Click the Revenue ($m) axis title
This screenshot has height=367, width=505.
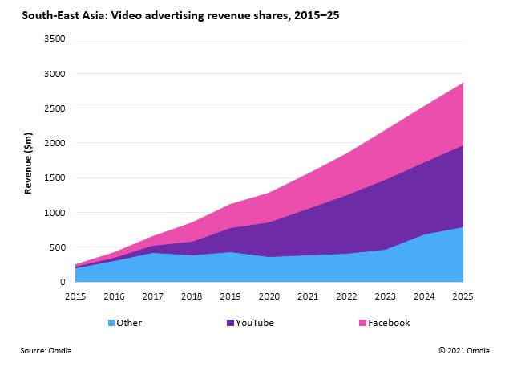click(28, 161)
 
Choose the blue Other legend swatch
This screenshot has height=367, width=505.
click(111, 323)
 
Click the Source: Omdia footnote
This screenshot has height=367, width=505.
click(51, 350)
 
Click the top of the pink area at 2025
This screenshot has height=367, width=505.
click(463, 83)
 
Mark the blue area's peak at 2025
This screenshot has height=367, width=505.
click(463, 228)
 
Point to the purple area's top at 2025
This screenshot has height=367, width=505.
click(463, 145)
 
